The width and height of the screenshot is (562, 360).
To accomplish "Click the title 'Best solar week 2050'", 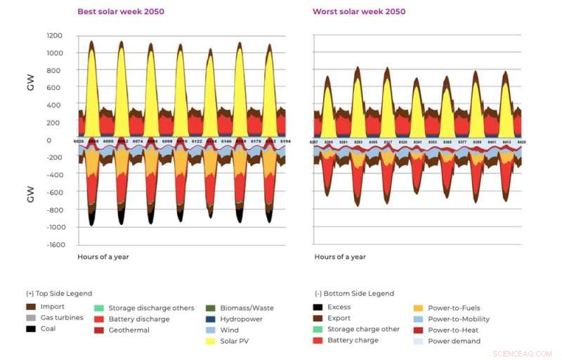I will coord(120,12).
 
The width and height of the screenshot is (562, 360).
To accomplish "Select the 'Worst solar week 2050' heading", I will coord(359,12).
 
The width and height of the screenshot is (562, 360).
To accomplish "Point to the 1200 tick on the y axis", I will coord(54,36).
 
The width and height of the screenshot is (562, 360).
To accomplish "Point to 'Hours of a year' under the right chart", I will coord(340,257).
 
